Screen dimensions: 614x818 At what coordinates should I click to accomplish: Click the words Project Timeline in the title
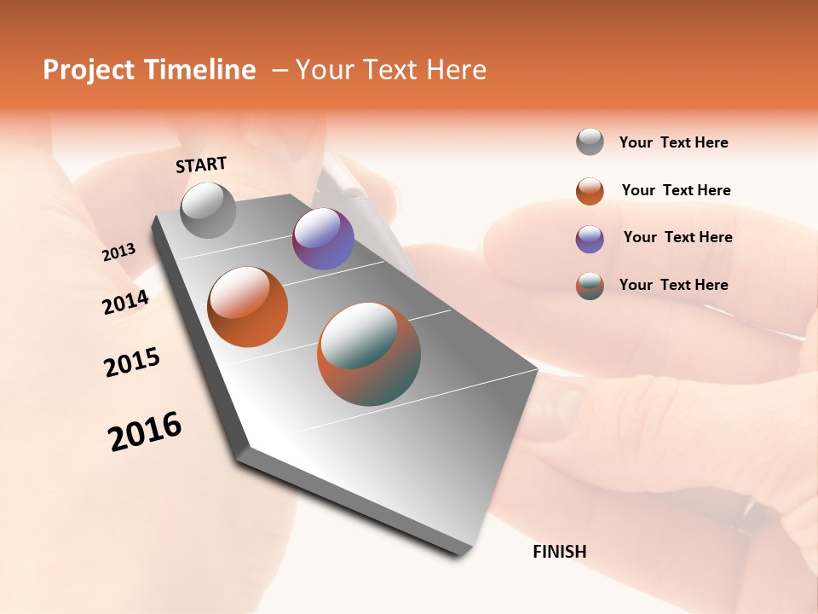coord(149,70)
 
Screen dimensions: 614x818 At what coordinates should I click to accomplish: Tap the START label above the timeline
coord(201,165)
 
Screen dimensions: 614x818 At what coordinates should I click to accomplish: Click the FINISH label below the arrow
coord(560,552)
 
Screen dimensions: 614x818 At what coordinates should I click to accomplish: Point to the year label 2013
coord(119,252)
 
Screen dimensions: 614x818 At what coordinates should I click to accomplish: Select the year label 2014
coord(126,302)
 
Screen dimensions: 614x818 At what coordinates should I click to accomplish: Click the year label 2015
coord(132,362)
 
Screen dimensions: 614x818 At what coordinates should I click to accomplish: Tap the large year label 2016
coord(145,432)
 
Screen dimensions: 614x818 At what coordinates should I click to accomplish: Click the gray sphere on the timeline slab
coord(209,211)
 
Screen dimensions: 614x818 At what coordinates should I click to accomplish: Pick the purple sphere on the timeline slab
coord(323,239)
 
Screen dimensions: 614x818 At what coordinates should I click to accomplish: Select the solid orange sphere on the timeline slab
coord(248,307)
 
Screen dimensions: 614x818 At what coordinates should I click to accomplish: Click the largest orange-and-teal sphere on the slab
coord(369,354)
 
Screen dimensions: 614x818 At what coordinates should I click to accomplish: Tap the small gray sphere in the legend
coord(590,142)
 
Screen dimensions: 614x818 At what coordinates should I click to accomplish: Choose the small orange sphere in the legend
coord(590,191)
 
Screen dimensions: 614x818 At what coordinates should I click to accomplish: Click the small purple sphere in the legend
coord(590,239)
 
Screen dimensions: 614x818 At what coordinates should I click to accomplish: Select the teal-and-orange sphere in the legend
coord(590,286)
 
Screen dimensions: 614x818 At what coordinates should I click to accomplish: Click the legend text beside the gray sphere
coord(674,142)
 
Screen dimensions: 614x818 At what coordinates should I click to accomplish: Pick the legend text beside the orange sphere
coord(677,190)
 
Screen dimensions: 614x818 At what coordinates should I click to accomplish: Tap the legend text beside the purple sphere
coord(678,237)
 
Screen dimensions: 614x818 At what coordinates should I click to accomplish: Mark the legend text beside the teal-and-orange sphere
coord(674,285)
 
